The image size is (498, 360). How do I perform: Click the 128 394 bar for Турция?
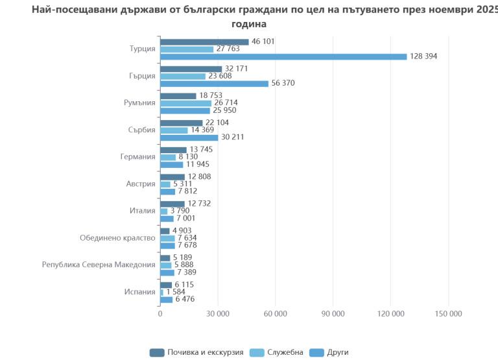[283, 56]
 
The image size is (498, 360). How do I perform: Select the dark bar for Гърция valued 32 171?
[191, 69]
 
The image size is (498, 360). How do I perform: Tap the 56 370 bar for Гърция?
[214, 84]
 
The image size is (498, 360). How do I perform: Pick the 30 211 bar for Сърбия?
[189, 138]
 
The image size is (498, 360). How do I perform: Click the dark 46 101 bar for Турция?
[204, 42]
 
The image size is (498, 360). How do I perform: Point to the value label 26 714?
[228, 103]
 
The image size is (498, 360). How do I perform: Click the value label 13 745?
[201, 149]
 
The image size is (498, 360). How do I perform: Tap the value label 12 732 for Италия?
[199, 204]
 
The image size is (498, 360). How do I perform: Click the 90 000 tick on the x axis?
[333, 314]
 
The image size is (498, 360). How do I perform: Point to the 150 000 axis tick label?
[448, 314]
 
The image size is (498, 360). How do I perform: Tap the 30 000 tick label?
[218, 314]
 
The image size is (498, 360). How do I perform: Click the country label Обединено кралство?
[117, 238]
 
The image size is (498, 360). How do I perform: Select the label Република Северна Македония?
[99, 265]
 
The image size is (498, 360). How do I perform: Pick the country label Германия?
[137, 157]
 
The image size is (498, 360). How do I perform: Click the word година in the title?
[249, 24]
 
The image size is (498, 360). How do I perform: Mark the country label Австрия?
[140, 184]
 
